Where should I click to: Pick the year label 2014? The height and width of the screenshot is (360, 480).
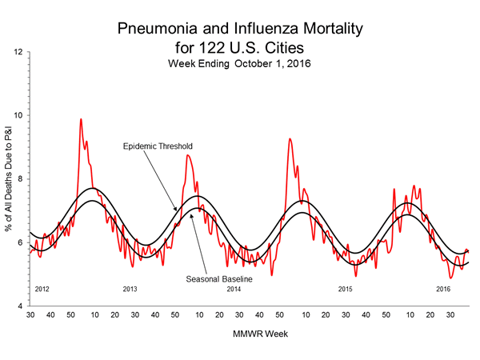pyautogui.click(x=234, y=288)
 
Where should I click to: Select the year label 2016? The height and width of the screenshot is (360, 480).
pyautogui.click(x=443, y=288)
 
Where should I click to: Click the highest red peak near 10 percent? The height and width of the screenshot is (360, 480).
pyautogui.click(x=81, y=119)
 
